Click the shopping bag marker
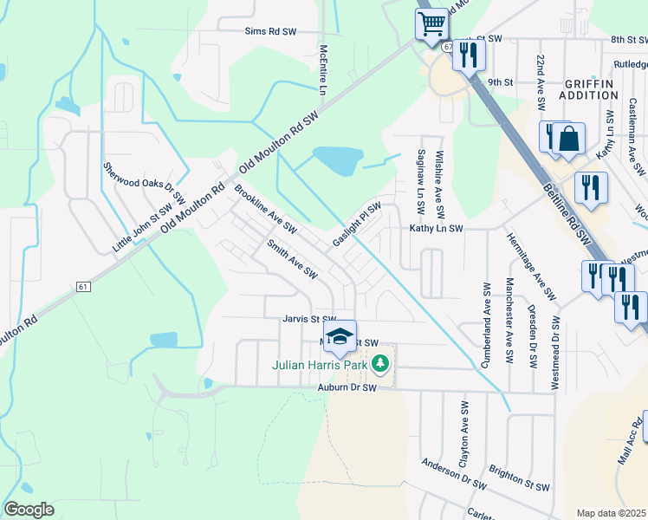[x=568, y=139]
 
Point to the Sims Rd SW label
[x=270, y=30]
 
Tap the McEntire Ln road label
[x=323, y=70]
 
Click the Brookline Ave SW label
[x=265, y=209]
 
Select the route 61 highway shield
[x=83, y=286]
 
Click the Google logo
[x=29, y=509]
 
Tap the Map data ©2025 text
[x=612, y=513]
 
